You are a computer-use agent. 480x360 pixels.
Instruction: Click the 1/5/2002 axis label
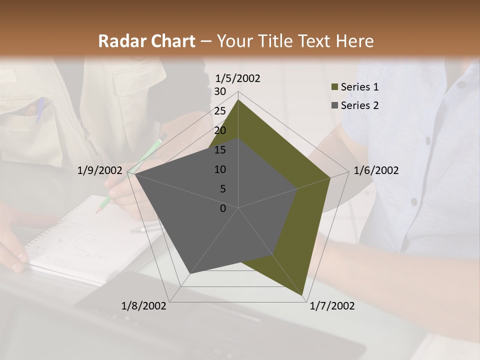point(238,78)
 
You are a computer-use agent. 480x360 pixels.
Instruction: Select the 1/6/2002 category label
point(376,170)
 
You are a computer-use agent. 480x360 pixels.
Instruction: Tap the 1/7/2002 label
point(332,306)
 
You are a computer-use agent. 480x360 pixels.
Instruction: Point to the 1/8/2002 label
point(144,306)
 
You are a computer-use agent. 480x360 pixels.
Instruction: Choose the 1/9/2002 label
point(100,170)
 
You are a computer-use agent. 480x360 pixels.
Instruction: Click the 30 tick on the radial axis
point(220,91)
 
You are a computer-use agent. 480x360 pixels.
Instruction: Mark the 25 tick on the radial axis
point(220,111)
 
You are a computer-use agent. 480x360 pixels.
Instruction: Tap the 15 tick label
point(220,150)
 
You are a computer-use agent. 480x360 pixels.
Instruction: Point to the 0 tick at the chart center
point(223,208)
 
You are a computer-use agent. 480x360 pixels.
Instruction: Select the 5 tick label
point(223,189)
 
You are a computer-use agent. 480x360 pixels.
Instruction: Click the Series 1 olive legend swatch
point(335,87)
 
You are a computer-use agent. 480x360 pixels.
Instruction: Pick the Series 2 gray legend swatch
point(335,105)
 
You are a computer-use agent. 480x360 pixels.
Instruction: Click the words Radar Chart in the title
point(147,41)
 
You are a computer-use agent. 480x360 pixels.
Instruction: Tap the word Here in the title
point(354,41)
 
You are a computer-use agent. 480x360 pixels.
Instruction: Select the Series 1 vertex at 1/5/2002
point(238,100)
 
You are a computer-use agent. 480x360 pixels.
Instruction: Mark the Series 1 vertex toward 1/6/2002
point(330,177)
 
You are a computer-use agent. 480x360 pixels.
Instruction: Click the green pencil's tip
point(96,212)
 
